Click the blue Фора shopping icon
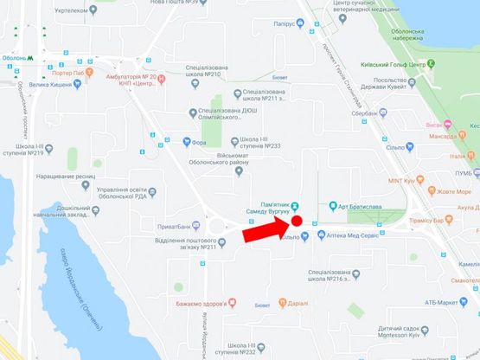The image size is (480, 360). (186, 143)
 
